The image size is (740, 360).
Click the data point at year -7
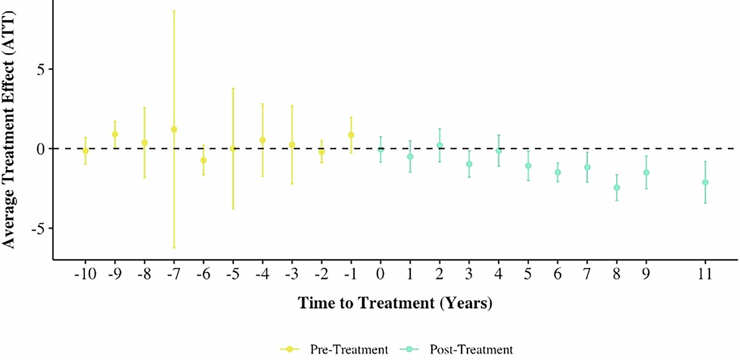point(174,129)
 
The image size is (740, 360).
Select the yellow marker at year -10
point(85,151)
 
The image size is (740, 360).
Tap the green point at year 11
point(705,182)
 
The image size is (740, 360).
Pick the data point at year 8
point(617,187)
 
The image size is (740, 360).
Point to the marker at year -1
point(351,135)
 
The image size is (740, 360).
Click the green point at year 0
point(381,149)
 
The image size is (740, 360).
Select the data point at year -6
point(203,160)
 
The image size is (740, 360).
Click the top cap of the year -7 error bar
point(174,11)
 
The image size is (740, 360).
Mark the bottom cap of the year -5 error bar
point(233,209)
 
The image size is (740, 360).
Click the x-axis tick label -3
point(291,275)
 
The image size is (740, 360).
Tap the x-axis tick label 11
point(705,275)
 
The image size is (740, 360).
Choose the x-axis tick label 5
point(528,275)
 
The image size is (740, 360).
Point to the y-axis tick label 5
point(41,69)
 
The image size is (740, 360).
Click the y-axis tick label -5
point(38,228)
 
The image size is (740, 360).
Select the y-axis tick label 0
point(41,149)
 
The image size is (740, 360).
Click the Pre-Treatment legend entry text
point(349,350)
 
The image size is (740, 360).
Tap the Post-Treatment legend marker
point(409,349)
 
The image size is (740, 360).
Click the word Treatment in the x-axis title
point(396,303)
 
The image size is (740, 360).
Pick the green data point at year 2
point(439,146)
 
